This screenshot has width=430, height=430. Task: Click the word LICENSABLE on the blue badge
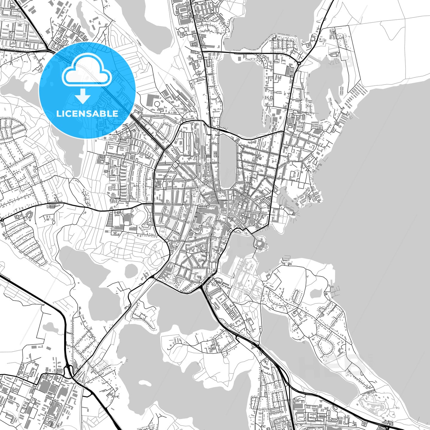pyautogui.click(x=87, y=113)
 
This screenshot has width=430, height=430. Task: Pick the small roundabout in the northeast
pyautogui.click(x=299, y=63)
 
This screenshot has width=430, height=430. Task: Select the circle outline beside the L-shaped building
pyautogui.click(x=157, y=104)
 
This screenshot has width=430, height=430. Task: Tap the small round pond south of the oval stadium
pyautogui.click(x=130, y=271)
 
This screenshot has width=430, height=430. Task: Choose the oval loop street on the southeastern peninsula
pyautogui.click(x=325, y=346)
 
